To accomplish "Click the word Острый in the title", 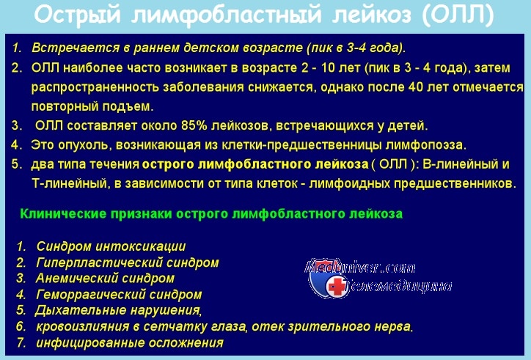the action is (x=77, y=15).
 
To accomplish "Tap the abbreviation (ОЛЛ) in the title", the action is (x=458, y=15).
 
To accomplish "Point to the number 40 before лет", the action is (x=416, y=87).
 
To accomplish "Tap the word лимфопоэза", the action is (x=426, y=145).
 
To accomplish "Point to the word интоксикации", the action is (x=141, y=246).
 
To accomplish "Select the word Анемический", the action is (x=76, y=279).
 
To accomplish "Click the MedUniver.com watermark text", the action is (x=359, y=268).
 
